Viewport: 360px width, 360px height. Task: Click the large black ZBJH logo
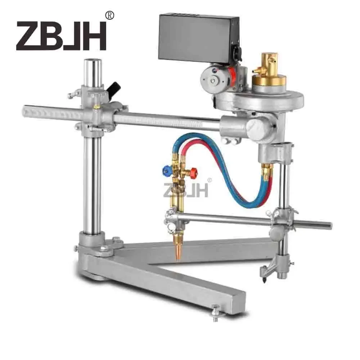(x=61, y=36)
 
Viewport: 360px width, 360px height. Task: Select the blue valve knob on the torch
(x=167, y=168)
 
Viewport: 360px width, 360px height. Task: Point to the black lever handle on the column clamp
(x=114, y=88)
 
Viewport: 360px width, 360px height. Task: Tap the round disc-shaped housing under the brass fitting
(x=259, y=99)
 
